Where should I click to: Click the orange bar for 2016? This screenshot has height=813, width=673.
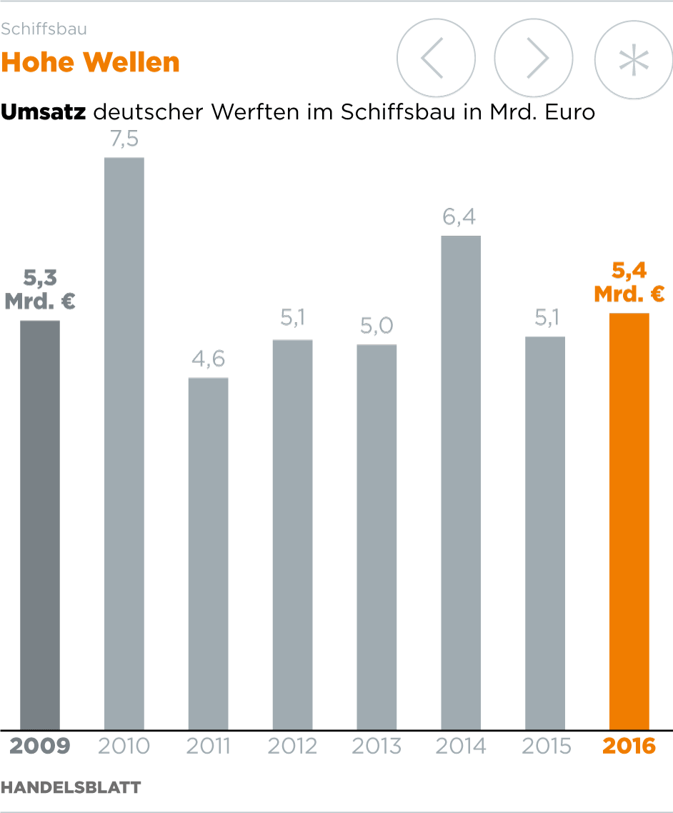[x=629, y=522]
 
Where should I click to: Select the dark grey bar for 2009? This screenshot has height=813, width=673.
[x=40, y=525]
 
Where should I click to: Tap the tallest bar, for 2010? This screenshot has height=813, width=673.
[x=124, y=443]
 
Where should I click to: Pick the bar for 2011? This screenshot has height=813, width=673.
[x=209, y=554]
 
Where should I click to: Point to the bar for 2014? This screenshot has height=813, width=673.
[x=461, y=482]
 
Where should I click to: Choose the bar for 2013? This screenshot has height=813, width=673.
[x=377, y=537]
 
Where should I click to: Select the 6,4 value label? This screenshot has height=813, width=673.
[x=460, y=216]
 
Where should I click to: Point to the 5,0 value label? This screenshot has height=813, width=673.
[x=377, y=326]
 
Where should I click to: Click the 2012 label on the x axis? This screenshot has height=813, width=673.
[x=292, y=747]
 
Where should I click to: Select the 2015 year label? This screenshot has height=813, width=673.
[x=546, y=747]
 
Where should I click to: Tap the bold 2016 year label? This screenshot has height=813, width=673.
[x=629, y=747]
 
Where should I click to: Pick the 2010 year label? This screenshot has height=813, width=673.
[x=124, y=747]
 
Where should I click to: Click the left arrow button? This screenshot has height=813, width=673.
[x=436, y=59]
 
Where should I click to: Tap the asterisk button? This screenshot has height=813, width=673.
[x=634, y=59]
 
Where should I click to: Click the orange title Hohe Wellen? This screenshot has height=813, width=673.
[x=90, y=63]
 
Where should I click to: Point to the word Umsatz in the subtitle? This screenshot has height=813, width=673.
[x=44, y=112]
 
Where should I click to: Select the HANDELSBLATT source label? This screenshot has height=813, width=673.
[x=71, y=787]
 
